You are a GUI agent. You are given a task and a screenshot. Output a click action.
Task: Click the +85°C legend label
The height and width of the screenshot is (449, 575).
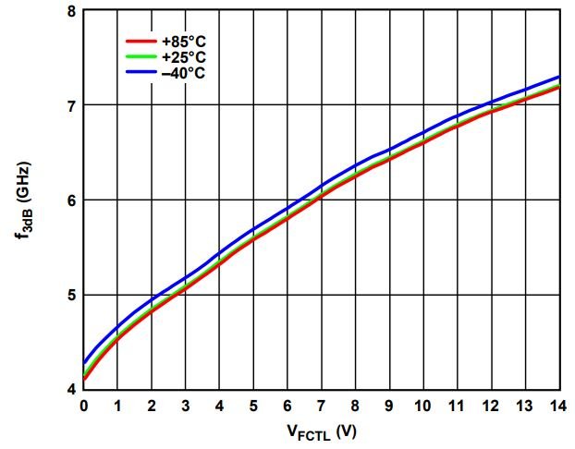[183, 42]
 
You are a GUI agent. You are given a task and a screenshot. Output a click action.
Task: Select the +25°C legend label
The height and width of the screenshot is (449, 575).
[183, 57]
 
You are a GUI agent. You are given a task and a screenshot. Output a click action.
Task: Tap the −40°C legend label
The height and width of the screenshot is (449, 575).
[183, 72]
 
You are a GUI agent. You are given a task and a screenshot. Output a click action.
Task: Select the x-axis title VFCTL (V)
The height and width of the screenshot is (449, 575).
[322, 431]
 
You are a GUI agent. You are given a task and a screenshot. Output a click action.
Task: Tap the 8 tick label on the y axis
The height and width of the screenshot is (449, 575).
[71, 11]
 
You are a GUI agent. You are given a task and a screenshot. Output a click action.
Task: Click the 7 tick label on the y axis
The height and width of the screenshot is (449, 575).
[71, 105]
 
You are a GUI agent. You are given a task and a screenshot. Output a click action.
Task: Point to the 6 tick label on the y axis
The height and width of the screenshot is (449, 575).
[71, 200]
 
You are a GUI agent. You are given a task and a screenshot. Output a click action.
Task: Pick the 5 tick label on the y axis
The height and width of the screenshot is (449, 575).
[71, 295]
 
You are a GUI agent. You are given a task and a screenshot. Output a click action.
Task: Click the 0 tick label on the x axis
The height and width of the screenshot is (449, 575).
[84, 406]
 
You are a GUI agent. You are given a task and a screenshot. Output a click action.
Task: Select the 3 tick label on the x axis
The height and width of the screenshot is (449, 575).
[186, 406]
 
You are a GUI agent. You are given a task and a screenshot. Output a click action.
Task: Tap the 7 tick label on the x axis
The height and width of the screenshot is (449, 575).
[322, 406]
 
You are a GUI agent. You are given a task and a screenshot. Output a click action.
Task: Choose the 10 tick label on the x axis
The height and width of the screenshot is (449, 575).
[423, 406]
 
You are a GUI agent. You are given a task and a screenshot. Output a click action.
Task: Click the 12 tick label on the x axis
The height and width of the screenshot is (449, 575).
[491, 406]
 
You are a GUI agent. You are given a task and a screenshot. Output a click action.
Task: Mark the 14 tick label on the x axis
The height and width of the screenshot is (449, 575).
[558, 406]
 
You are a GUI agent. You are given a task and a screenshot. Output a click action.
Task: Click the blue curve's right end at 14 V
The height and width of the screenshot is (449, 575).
[558, 77]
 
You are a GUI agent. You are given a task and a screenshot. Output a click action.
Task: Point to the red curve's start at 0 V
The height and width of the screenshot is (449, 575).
[85, 378]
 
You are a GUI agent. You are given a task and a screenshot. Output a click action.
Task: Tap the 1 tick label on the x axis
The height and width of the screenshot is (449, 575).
[118, 406]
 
